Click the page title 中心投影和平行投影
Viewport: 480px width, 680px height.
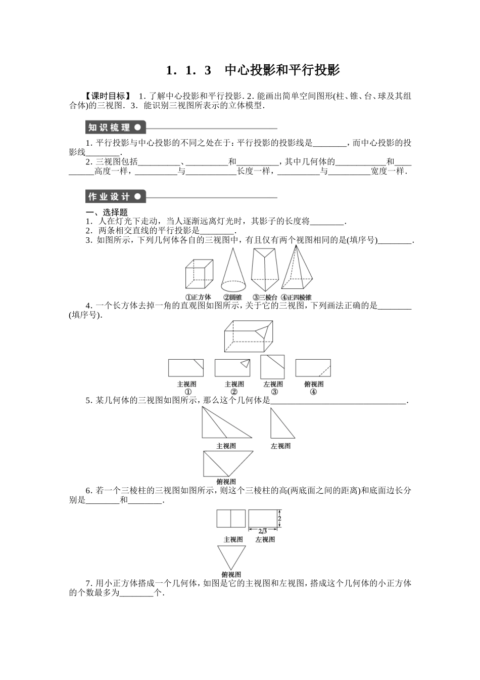(282, 70)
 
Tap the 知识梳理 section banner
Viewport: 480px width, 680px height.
(115, 127)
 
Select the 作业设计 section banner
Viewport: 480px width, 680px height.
(115, 197)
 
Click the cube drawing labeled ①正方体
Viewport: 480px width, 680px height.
(198, 275)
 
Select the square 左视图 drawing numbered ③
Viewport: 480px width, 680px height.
(272, 367)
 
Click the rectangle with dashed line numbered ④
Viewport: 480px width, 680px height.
(313, 368)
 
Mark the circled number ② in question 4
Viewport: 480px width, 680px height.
(234, 392)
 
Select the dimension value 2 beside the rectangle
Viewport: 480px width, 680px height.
(279, 519)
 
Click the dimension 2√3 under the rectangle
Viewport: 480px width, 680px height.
(262, 531)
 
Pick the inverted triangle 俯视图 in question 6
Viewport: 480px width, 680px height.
(231, 558)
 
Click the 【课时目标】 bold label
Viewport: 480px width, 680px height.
(108, 96)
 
